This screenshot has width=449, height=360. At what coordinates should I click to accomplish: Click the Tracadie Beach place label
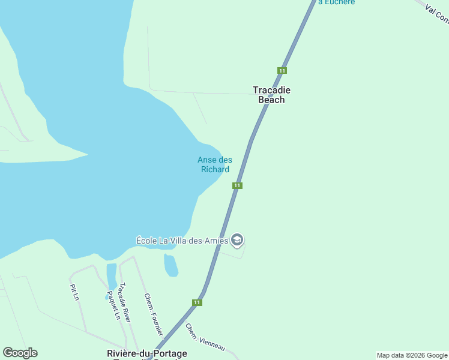tap(271, 95)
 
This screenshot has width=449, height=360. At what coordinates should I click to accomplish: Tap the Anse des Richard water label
tap(214, 164)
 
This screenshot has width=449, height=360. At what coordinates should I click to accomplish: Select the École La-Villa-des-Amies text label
tap(182, 241)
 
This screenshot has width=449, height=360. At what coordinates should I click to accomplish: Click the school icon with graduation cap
tap(237, 240)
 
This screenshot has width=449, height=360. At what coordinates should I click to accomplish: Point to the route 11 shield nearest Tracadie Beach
tap(282, 70)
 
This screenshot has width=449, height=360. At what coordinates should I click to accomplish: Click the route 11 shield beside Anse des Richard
tap(237, 185)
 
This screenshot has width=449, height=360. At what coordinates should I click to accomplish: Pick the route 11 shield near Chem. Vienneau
tap(197, 302)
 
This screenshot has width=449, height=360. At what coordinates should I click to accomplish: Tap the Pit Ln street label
tap(75, 292)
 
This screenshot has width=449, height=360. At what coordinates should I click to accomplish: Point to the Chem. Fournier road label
tap(153, 314)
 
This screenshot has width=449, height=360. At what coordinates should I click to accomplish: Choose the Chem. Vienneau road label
tap(205, 338)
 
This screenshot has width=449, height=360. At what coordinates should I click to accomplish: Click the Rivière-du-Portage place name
tap(146, 353)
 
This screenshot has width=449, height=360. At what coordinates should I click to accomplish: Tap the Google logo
tap(20, 353)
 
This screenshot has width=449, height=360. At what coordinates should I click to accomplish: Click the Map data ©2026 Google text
tap(412, 355)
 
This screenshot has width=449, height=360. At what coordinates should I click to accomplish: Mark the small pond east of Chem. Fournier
tap(170, 265)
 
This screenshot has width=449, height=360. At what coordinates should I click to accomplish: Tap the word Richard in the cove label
tap(214, 169)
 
